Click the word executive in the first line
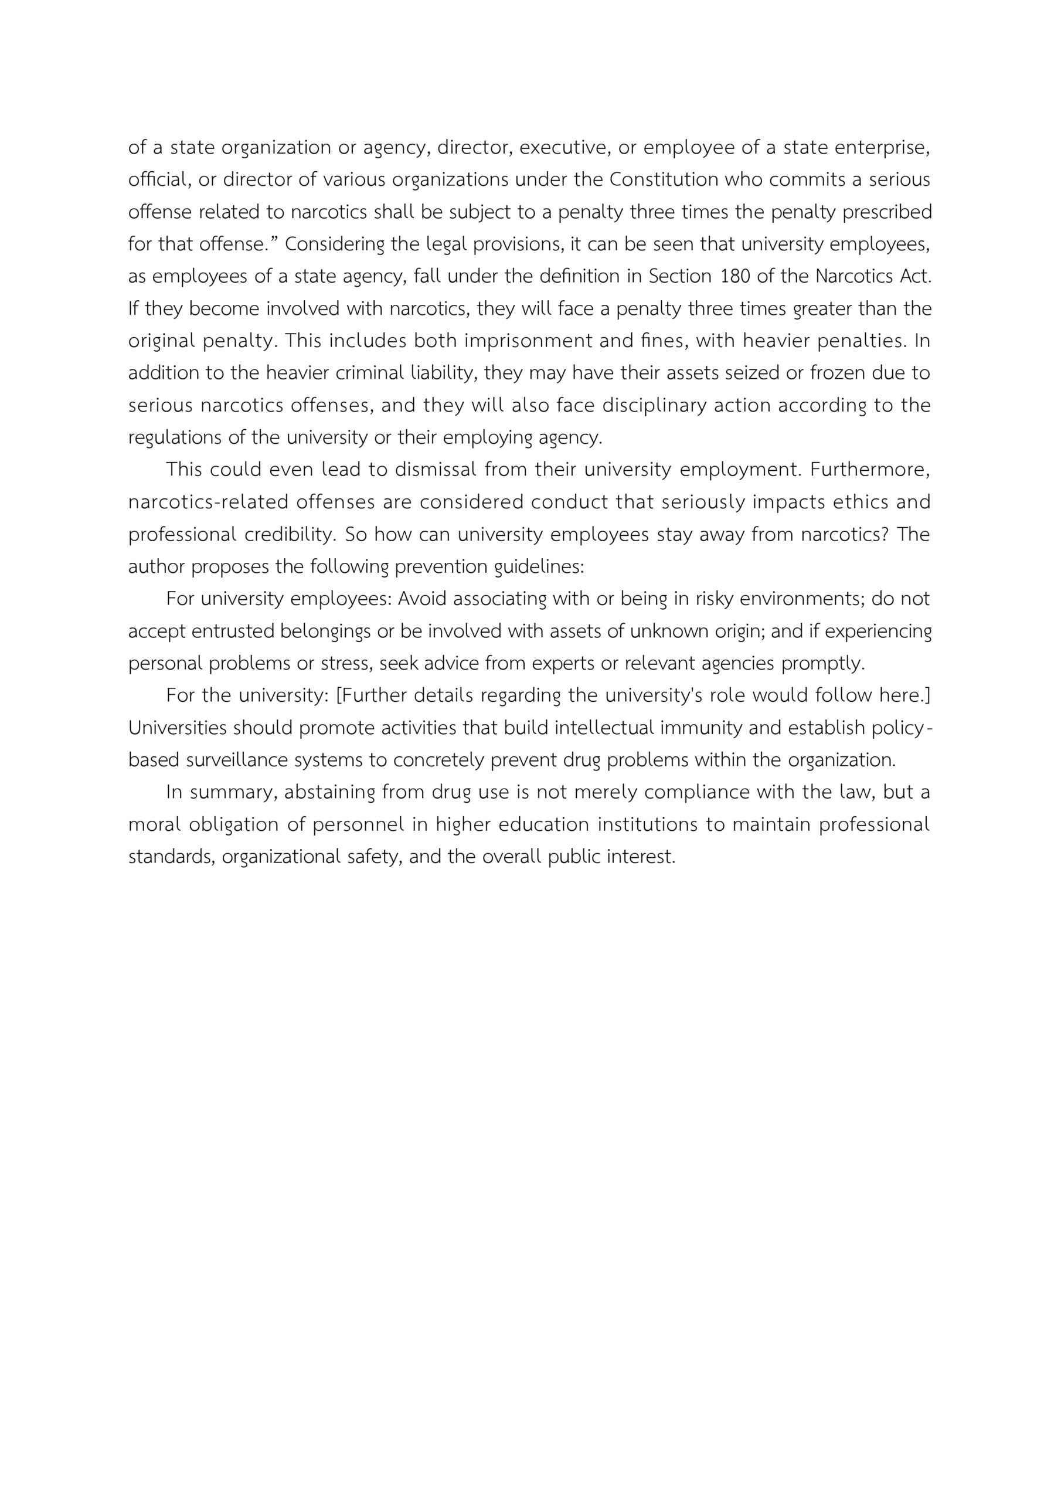point(563,148)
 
